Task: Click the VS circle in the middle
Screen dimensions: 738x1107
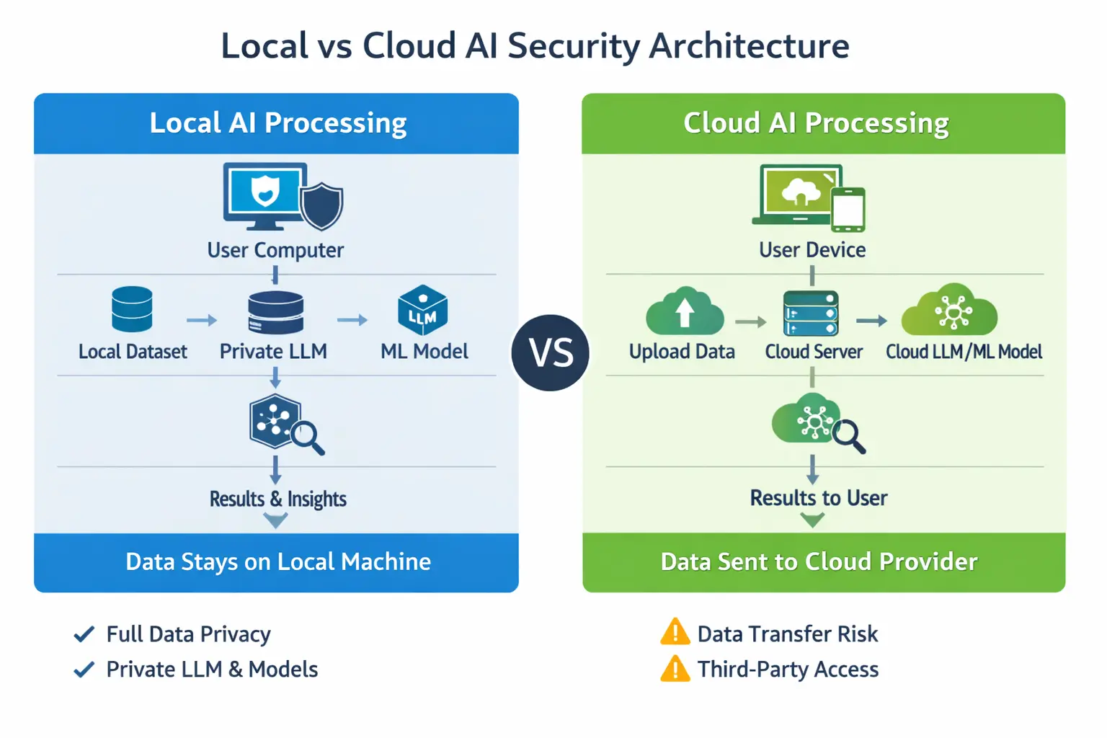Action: point(551,353)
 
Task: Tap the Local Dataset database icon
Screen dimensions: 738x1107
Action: point(132,309)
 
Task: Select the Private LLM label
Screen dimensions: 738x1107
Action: point(273,352)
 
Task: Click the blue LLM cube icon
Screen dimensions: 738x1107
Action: point(423,310)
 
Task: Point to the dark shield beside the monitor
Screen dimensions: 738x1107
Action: point(322,206)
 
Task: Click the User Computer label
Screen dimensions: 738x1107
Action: point(275,250)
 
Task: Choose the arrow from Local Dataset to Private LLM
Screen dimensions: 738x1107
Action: point(201,320)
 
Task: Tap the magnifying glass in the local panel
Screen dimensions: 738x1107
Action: point(307,436)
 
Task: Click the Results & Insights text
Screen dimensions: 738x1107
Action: point(277,499)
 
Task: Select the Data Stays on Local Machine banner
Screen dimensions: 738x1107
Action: point(277,562)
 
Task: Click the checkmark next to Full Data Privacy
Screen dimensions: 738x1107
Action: point(84,634)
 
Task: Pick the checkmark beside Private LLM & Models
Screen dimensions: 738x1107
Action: point(84,670)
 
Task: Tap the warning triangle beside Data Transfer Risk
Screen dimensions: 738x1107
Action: point(675,632)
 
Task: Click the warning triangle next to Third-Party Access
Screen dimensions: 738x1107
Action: point(675,669)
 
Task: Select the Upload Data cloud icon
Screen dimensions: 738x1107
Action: point(685,312)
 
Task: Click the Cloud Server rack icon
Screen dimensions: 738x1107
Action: point(811,313)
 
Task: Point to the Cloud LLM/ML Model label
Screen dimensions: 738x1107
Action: point(964,352)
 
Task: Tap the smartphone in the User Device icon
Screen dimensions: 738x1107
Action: point(848,210)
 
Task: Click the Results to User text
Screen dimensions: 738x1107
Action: point(818,498)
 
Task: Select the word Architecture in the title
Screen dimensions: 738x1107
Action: point(750,46)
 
